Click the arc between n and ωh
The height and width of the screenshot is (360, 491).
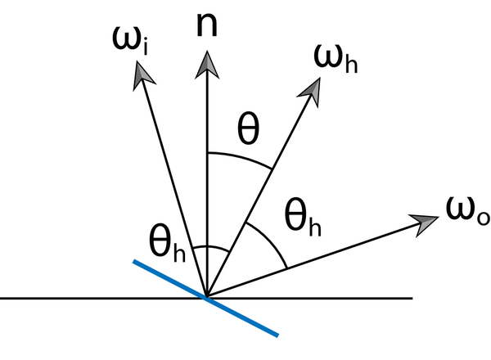pos(241,157)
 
